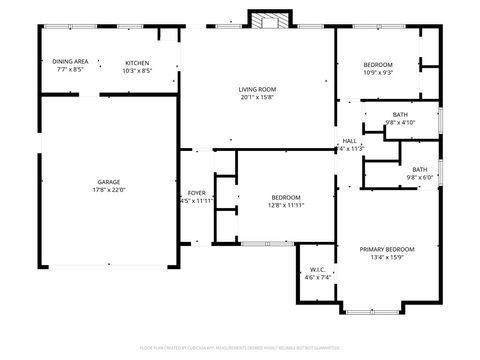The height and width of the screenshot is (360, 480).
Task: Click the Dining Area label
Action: [x=69, y=62]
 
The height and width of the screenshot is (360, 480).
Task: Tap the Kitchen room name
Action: [x=137, y=62]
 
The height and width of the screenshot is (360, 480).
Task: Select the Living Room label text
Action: [x=258, y=89]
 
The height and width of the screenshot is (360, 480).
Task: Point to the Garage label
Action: [x=109, y=181]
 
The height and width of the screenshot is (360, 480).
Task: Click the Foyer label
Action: [x=197, y=192]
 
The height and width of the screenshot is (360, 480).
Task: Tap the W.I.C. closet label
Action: [x=317, y=269]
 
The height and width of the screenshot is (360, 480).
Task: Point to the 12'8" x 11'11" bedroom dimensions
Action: [x=286, y=205]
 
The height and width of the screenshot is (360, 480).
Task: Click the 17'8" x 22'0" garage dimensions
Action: [x=109, y=189]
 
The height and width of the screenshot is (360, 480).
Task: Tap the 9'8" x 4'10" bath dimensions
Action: [x=400, y=123]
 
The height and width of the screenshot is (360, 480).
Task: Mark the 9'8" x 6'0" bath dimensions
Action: [x=419, y=177]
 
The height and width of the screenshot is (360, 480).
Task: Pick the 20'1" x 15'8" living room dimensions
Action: [x=258, y=97]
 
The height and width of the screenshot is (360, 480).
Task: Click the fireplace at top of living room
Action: [x=266, y=21]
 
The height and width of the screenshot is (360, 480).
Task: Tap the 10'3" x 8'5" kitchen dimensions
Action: [x=137, y=70]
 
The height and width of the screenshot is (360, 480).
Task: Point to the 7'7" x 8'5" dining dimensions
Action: [x=69, y=70]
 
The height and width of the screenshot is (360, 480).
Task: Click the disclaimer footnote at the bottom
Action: [x=240, y=347]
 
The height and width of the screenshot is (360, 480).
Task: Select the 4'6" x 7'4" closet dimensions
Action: [x=317, y=277]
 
